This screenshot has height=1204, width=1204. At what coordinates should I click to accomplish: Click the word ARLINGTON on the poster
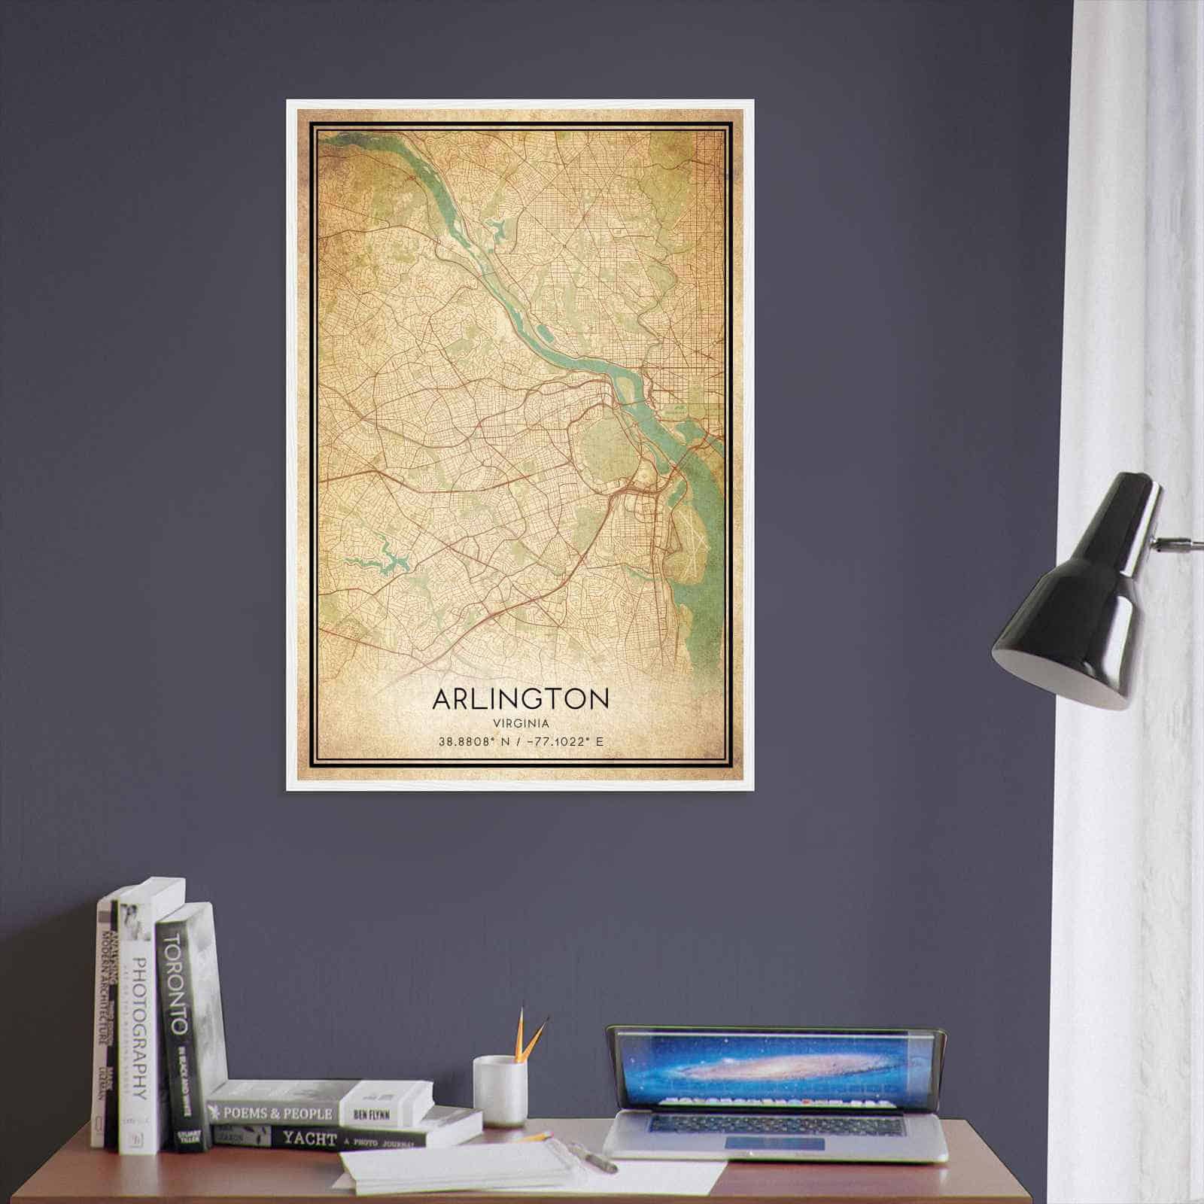(x=521, y=698)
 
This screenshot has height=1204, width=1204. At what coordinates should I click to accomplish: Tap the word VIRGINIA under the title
(x=521, y=723)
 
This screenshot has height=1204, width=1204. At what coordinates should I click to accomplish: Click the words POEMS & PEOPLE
(x=274, y=1113)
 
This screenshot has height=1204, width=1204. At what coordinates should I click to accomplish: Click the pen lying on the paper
(x=594, y=1158)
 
